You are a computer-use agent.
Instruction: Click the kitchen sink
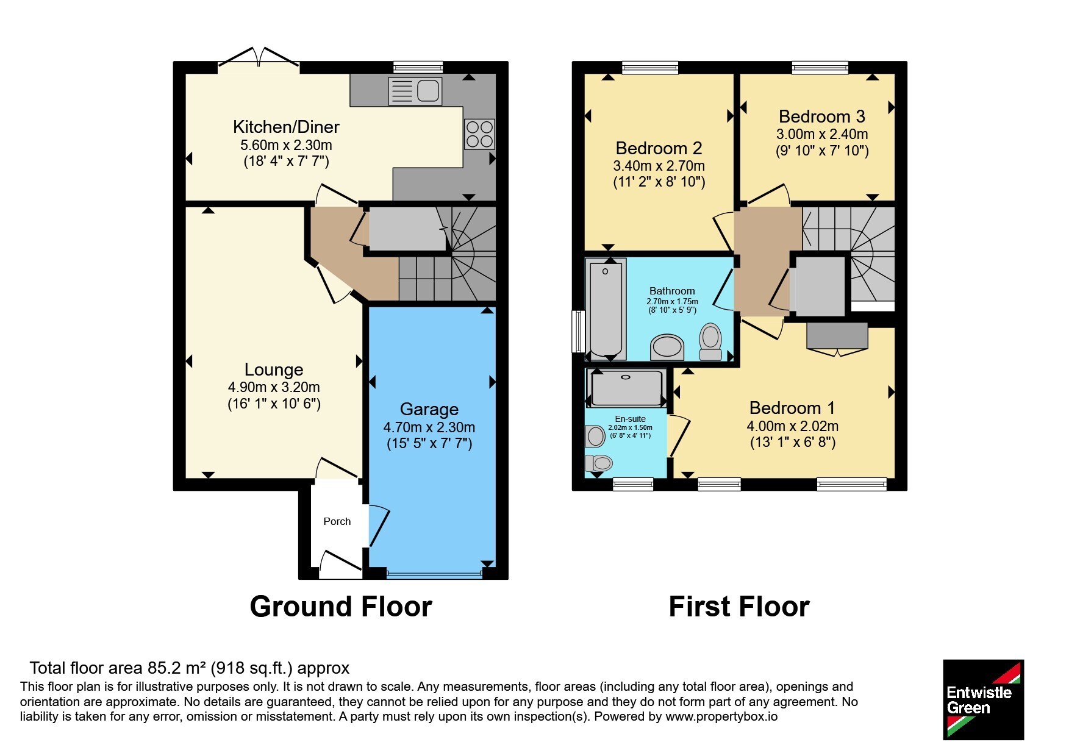point(415,91)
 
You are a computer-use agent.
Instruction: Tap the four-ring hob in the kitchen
point(479,134)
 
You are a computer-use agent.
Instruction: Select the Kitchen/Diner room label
point(286,127)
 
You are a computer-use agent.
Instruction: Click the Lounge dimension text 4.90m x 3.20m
point(274,387)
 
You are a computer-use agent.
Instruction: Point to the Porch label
point(337,521)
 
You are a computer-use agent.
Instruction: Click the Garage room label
point(429,409)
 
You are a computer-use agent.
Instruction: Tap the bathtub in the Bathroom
point(606,310)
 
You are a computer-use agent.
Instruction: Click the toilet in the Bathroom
point(710,343)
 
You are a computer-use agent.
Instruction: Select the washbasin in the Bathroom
point(667,348)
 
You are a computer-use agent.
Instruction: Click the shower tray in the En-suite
point(627,388)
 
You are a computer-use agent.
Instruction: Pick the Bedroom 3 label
point(822,116)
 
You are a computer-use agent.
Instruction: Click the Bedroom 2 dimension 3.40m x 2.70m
point(659,166)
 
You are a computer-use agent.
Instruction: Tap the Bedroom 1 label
point(792,408)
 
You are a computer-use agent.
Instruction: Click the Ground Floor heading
point(341,607)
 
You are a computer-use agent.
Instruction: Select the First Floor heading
point(739,607)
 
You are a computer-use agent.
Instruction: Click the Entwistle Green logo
point(983,699)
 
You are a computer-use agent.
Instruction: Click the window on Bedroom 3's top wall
point(820,68)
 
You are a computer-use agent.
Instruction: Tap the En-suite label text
point(630,419)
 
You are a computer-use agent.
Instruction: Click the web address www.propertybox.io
point(721,716)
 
